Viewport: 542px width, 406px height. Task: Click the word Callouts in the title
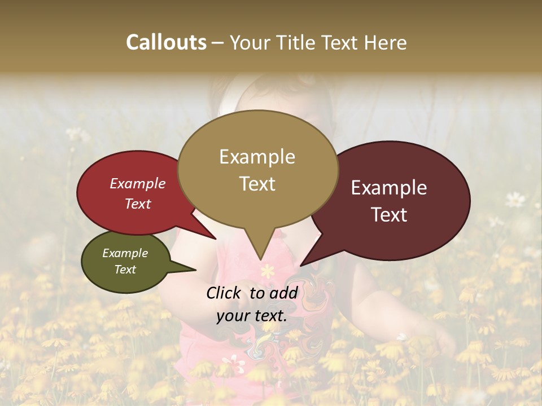[x=166, y=42]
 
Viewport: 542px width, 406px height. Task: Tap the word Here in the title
[x=386, y=42]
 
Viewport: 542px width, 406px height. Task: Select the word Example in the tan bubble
[x=257, y=157]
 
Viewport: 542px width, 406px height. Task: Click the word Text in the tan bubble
[x=257, y=184]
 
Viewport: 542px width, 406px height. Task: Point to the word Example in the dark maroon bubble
[x=389, y=188]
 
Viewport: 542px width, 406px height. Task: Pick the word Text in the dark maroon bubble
[x=389, y=215]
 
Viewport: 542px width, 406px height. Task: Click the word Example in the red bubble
[x=138, y=183]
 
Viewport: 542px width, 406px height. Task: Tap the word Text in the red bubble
[x=138, y=204]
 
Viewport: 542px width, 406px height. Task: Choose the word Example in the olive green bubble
[x=125, y=253]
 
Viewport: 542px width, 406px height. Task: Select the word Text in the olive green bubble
[x=125, y=270]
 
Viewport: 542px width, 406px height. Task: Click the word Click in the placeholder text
[x=225, y=293]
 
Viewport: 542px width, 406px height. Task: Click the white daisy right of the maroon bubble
[x=515, y=198]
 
